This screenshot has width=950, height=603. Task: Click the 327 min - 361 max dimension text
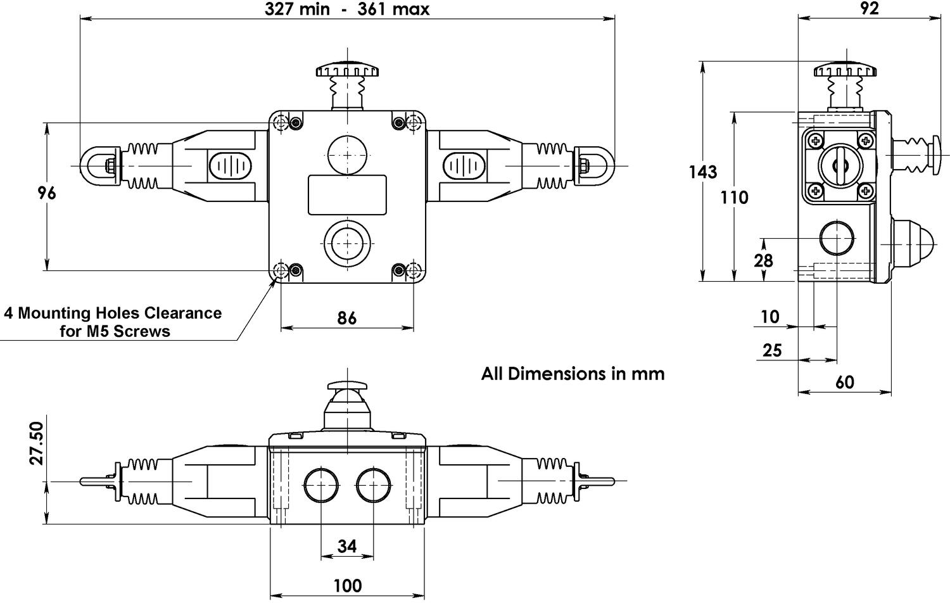[347, 10]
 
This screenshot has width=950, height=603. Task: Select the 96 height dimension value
[47, 193]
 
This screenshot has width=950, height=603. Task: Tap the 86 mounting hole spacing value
[346, 317]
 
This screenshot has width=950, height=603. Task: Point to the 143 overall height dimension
[703, 172]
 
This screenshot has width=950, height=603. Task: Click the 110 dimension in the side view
[734, 198]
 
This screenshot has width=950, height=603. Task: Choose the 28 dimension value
[764, 260]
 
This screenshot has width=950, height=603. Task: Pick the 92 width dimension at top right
[870, 8]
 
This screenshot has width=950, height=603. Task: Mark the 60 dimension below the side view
[845, 382]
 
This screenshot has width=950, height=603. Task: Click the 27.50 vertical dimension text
[36, 443]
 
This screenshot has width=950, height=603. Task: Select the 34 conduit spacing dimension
[347, 546]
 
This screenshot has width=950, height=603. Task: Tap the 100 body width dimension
[347, 586]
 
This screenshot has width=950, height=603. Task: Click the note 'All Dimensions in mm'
[573, 374]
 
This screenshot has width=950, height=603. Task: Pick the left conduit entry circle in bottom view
[321, 486]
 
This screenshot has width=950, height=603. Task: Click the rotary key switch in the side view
[840, 165]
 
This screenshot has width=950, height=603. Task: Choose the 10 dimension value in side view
[769, 317]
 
